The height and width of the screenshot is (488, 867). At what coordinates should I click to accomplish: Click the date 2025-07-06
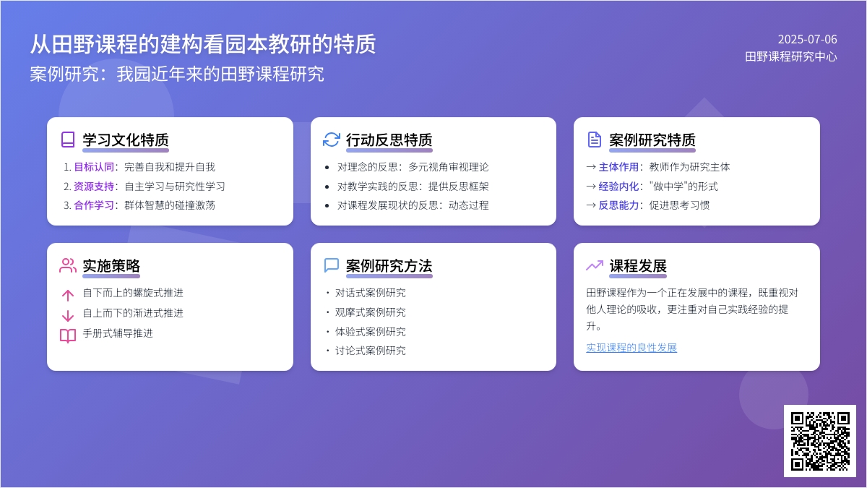(x=808, y=39)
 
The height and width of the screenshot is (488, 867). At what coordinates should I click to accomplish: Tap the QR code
(x=820, y=441)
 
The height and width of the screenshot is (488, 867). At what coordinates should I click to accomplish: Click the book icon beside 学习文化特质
(x=68, y=140)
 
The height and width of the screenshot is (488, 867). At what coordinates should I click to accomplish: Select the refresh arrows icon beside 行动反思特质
(x=332, y=140)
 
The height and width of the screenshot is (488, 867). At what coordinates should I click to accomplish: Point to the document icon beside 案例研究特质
(x=594, y=140)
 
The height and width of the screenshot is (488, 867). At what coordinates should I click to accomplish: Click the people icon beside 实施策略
(x=68, y=266)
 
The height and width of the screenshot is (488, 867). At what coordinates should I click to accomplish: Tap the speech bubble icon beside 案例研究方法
(x=332, y=266)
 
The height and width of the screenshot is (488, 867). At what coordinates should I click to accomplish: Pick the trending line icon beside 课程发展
(x=595, y=265)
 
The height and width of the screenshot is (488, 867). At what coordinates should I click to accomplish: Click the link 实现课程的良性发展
(x=631, y=348)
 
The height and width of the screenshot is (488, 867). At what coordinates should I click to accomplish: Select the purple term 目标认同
(x=94, y=167)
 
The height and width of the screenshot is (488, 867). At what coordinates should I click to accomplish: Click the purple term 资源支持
(x=94, y=187)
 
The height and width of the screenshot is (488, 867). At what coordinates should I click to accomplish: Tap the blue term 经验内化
(x=618, y=187)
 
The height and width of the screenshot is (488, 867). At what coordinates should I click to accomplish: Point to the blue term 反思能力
(x=618, y=205)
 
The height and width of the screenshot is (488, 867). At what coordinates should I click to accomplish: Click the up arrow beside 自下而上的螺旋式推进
(x=68, y=295)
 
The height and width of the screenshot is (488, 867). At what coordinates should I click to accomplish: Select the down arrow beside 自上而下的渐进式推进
(x=68, y=316)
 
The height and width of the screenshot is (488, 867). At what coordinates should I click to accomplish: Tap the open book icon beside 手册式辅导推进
(x=68, y=335)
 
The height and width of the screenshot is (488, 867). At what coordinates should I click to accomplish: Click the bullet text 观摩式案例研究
(x=371, y=312)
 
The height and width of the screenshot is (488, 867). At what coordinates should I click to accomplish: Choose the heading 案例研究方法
(x=389, y=266)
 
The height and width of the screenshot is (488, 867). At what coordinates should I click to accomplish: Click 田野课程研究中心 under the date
(x=791, y=56)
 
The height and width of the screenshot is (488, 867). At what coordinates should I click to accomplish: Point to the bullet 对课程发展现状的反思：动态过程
(x=413, y=205)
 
